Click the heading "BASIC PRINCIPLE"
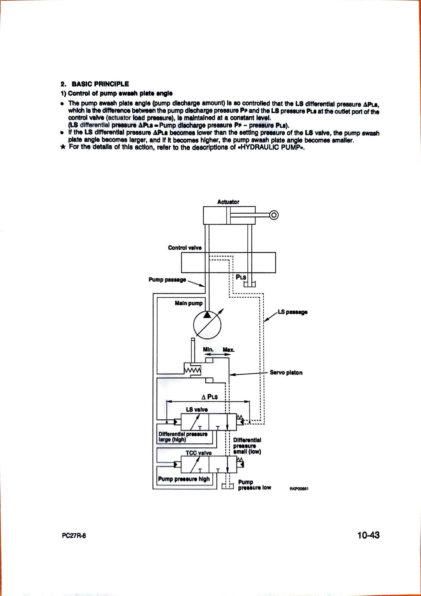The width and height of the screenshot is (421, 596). pyautogui.click(x=100, y=84)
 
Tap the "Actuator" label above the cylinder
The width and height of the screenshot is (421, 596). pyautogui.click(x=228, y=202)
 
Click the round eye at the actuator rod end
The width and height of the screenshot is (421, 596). pyautogui.click(x=274, y=215)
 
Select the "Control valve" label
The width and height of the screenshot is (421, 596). pyautogui.click(x=185, y=248)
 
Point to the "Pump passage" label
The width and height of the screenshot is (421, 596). pyautogui.click(x=167, y=280)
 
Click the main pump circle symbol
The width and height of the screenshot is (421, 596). pyautogui.click(x=207, y=325)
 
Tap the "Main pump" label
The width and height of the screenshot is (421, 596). pyautogui.click(x=189, y=303)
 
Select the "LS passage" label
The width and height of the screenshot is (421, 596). pyautogui.click(x=293, y=312)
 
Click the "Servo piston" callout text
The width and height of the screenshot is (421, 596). pyautogui.click(x=286, y=372)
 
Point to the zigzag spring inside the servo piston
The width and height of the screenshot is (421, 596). pyautogui.click(x=193, y=370)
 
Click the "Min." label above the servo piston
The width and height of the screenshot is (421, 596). pyautogui.click(x=208, y=349)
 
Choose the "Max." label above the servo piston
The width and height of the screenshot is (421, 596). pyautogui.click(x=228, y=349)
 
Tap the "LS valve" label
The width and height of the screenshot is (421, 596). pyautogui.click(x=197, y=409)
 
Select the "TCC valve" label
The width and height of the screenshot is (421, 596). pyautogui.click(x=198, y=453)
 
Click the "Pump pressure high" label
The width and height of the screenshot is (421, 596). pyautogui.click(x=184, y=479)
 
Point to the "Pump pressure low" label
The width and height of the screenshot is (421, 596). pyautogui.click(x=255, y=485)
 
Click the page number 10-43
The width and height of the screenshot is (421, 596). pyautogui.click(x=369, y=535)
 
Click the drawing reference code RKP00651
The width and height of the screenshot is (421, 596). pyautogui.click(x=299, y=489)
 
